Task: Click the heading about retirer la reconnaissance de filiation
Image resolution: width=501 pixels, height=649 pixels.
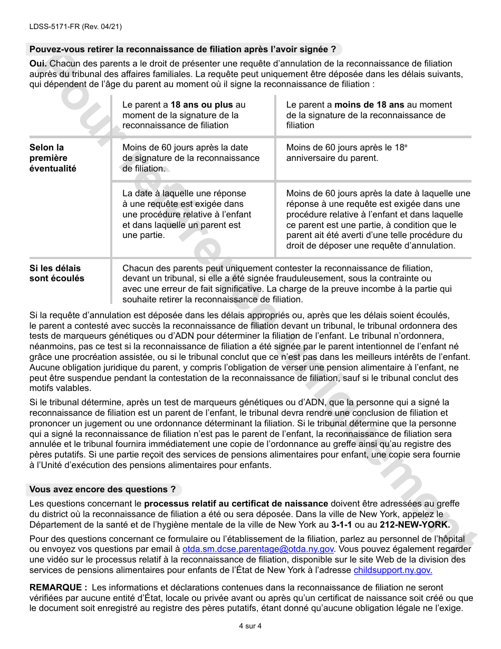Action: [182, 50]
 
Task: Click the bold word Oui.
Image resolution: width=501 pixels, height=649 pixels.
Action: [38, 64]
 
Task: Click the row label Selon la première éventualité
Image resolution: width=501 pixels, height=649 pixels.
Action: [53, 158]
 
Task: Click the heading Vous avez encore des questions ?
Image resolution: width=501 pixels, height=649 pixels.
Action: [102, 490]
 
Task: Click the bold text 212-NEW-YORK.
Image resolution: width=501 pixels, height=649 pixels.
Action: [415, 524]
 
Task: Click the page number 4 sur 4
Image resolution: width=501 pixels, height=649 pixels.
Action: [250, 626]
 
